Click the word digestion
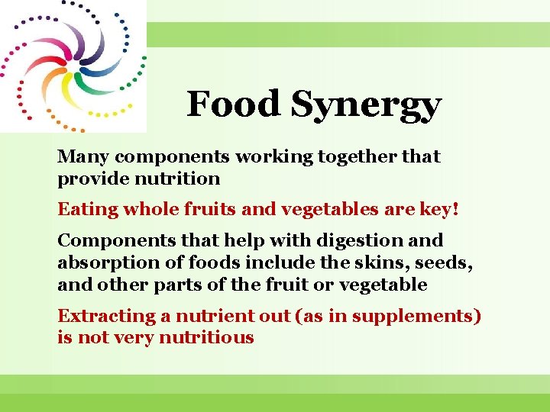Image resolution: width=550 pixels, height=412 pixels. point(361,241)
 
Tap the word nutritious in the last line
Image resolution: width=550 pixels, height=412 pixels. point(206,338)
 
